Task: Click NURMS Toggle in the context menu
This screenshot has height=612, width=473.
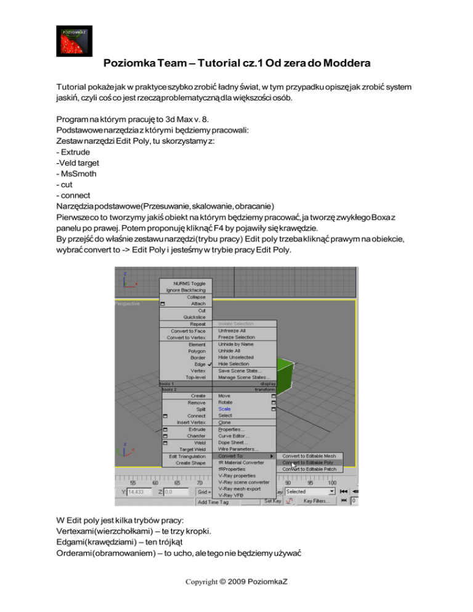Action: click(x=185, y=283)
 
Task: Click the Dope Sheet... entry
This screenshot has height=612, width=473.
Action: click(x=232, y=442)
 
